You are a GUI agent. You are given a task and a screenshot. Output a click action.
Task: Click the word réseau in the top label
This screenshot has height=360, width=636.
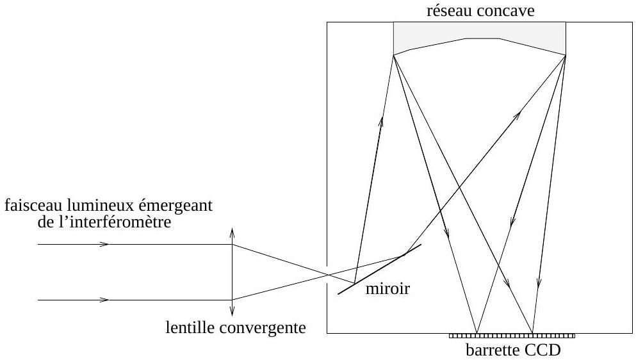tap(450, 11)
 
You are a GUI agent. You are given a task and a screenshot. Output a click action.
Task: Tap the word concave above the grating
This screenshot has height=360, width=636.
tap(506, 11)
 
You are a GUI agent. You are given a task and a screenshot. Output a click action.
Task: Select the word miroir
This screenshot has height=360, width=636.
tap(387, 288)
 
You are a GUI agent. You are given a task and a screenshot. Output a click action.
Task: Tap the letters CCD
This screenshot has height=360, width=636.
tap(542, 350)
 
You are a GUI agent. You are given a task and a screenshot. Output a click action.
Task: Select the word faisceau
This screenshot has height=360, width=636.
tap(33, 206)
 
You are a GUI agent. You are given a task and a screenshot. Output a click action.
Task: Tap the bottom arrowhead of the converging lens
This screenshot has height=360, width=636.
tap(232, 313)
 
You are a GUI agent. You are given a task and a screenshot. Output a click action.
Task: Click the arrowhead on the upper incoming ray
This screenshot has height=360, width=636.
tap(104, 244)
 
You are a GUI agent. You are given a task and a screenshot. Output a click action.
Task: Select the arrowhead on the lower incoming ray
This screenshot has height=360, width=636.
tap(104, 300)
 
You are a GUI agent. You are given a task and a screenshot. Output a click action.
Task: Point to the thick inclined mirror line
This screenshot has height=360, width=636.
tap(379, 269)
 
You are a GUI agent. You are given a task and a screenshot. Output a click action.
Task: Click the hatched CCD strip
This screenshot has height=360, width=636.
tap(512, 336)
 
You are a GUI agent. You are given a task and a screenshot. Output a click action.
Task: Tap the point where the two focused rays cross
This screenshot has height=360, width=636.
tap(327, 275)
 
